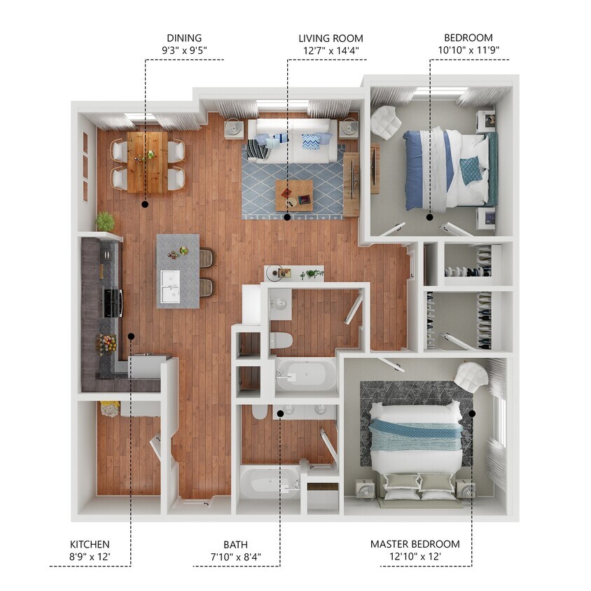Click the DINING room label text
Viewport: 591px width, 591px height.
pos(184,38)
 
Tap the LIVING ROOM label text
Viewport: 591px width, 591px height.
pos(331,38)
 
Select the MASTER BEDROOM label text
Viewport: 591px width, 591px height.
pos(415,544)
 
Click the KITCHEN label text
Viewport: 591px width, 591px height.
pos(90,544)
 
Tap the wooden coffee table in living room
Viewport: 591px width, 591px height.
pos(294,195)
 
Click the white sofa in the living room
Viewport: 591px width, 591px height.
pos(289,140)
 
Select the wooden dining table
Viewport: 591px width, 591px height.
pos(147,161)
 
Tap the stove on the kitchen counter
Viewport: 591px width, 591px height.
pos(113,303)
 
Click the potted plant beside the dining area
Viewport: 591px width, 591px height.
pos(106,221)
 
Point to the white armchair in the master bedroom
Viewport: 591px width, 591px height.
pos(471,377)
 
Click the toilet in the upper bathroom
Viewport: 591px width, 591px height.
pos(280,340)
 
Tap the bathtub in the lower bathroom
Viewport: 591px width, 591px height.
pos(267,482)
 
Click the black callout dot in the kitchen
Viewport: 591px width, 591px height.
pos(131,337)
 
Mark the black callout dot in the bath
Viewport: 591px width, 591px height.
pos(279,413)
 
